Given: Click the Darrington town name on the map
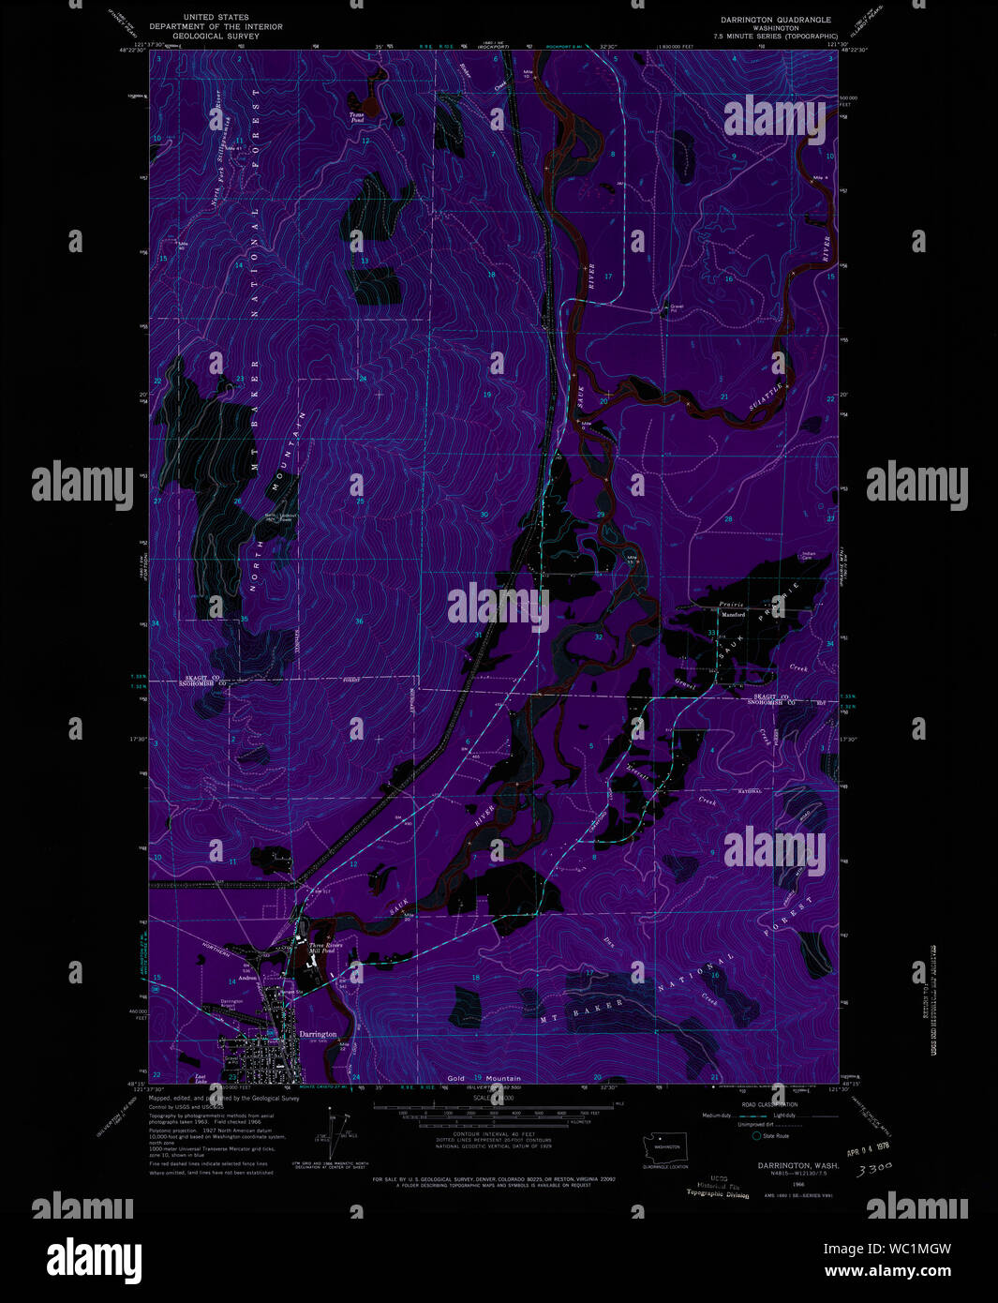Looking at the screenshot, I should click(x=317, y=1034).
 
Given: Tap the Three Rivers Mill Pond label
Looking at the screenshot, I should click(x=327, y=949).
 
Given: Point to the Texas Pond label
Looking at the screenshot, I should click(x=356, y=118).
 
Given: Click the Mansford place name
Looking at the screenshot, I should click(x=733, y=615).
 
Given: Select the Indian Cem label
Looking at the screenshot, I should click(x=808, y=556).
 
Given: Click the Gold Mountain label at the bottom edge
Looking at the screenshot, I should click(x=484, y=1078).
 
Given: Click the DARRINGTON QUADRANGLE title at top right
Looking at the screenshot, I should click(x=775, y=20).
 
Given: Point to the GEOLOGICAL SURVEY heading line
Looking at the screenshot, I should click(x=216, y=36).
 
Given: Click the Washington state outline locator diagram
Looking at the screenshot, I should click(x=664, y=1145).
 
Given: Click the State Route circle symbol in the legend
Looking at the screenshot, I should click(x=756, y=1135).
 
